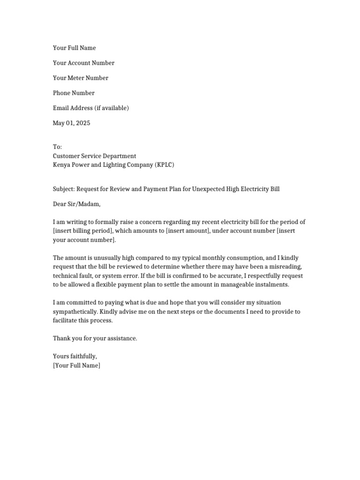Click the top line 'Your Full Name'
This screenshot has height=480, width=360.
tap(74, 48)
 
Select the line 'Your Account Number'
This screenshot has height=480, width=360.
tap(83, 63)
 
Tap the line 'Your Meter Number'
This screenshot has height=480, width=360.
tap(81, 78)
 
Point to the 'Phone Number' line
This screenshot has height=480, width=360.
tap(74, 93)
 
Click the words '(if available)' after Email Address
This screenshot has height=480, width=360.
tap(112, 108)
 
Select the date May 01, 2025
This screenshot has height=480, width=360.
tap(72, 123)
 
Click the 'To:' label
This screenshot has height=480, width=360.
tap(57, 147)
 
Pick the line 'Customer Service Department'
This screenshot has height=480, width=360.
tap(94, 156)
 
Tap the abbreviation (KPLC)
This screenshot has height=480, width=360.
tap(164, 165)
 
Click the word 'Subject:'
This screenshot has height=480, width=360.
tap(64, 189)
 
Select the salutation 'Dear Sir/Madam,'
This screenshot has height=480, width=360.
tap(77, 204)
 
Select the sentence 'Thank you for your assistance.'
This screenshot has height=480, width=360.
tap(95, 338)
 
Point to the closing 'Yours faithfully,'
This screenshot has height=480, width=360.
tap(75, 357)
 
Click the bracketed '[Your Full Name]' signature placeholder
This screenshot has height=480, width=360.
tap(76, 366)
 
